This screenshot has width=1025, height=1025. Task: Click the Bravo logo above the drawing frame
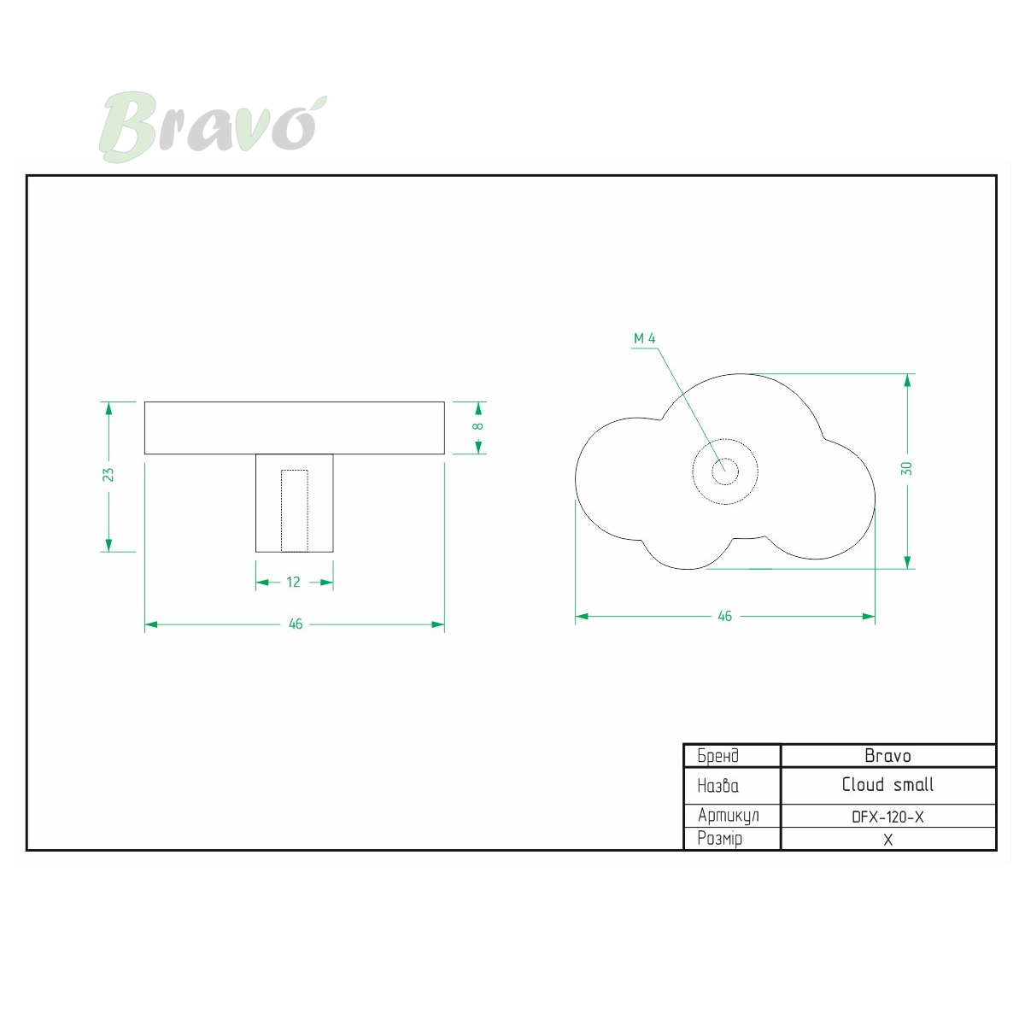click(213, 127)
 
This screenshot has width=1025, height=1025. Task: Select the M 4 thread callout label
click(644, 338)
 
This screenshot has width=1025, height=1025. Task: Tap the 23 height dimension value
click(108, 474)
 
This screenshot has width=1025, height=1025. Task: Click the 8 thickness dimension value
click(477, 426)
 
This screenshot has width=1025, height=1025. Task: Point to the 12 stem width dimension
click(294, 582)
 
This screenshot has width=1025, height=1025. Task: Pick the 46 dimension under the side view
click(296, 624)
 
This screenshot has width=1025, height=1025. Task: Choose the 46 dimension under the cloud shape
click(724, 616)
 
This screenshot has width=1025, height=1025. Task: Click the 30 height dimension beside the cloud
click(906, 469)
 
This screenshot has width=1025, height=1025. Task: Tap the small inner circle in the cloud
click(725, 459)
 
